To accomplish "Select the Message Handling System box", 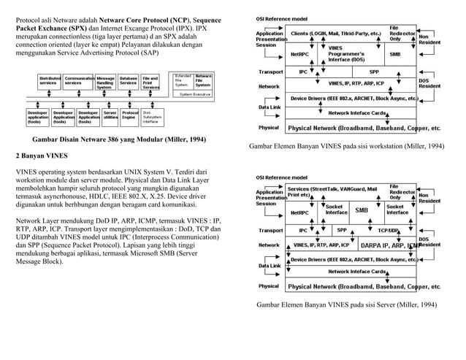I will click(105, 83).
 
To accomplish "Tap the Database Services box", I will click(129, 81).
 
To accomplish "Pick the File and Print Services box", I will click(150, 83).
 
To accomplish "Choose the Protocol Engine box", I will click(131, 115).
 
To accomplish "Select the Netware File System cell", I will click(203, 81).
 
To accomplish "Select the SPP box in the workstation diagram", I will click(374, 72).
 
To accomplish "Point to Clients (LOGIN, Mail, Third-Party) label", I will click(336, 34).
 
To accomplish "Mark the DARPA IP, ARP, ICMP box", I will click(389, 245).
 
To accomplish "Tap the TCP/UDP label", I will click(388, 231).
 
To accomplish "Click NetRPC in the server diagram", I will click(299, 212).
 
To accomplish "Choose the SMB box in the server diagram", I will click(361, 210).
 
